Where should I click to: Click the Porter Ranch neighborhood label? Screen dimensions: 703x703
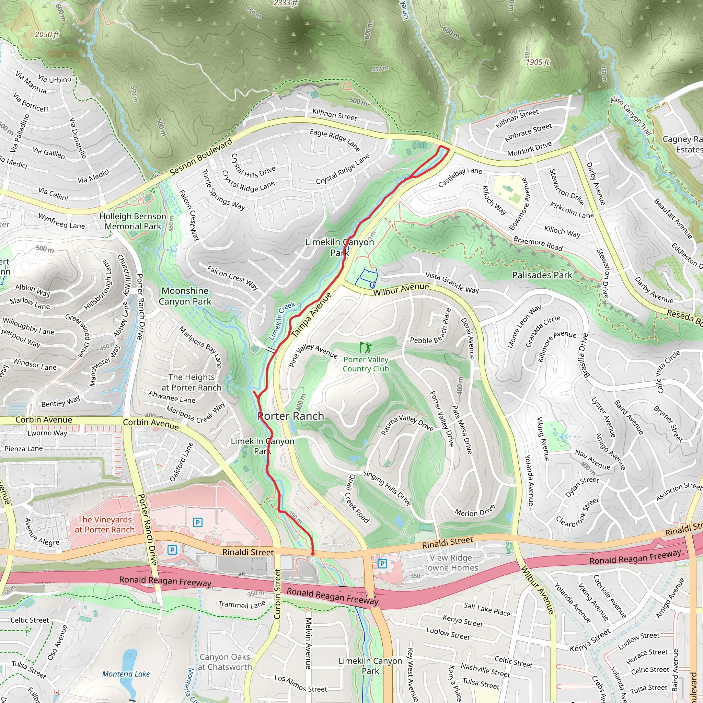pyautogui.click(x=291, y=416)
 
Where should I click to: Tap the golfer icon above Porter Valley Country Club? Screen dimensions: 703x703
pyautogui.click(x=365, y=347)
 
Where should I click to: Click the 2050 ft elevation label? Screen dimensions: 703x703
pyautogui.click(x=47, y=35)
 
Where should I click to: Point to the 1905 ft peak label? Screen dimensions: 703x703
pyautogui.click(x=538, y=62)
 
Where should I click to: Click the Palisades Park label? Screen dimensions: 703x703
pyautogui.click(x=542, y=275)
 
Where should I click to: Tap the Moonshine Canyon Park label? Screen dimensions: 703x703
pyautogui.click(x=185, y=296)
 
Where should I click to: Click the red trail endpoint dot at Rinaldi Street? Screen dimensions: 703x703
pyautogui.click(x=313, y=554)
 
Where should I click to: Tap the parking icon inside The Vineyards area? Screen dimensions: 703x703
pyautogui.click(x=197, y=522)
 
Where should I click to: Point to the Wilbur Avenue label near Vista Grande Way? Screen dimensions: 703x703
pyautogui.click(x=401, y=289)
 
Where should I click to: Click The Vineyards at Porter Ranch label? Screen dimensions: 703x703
pyautogui.click(x=105, y=525)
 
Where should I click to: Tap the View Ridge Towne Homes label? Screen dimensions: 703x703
pyautogui.click(x=451, y=563)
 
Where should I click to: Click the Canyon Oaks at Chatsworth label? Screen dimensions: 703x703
pyautogui.click(x=225, y=662)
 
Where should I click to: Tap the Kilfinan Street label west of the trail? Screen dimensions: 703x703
pyautogui.click(x=334, y=115)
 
